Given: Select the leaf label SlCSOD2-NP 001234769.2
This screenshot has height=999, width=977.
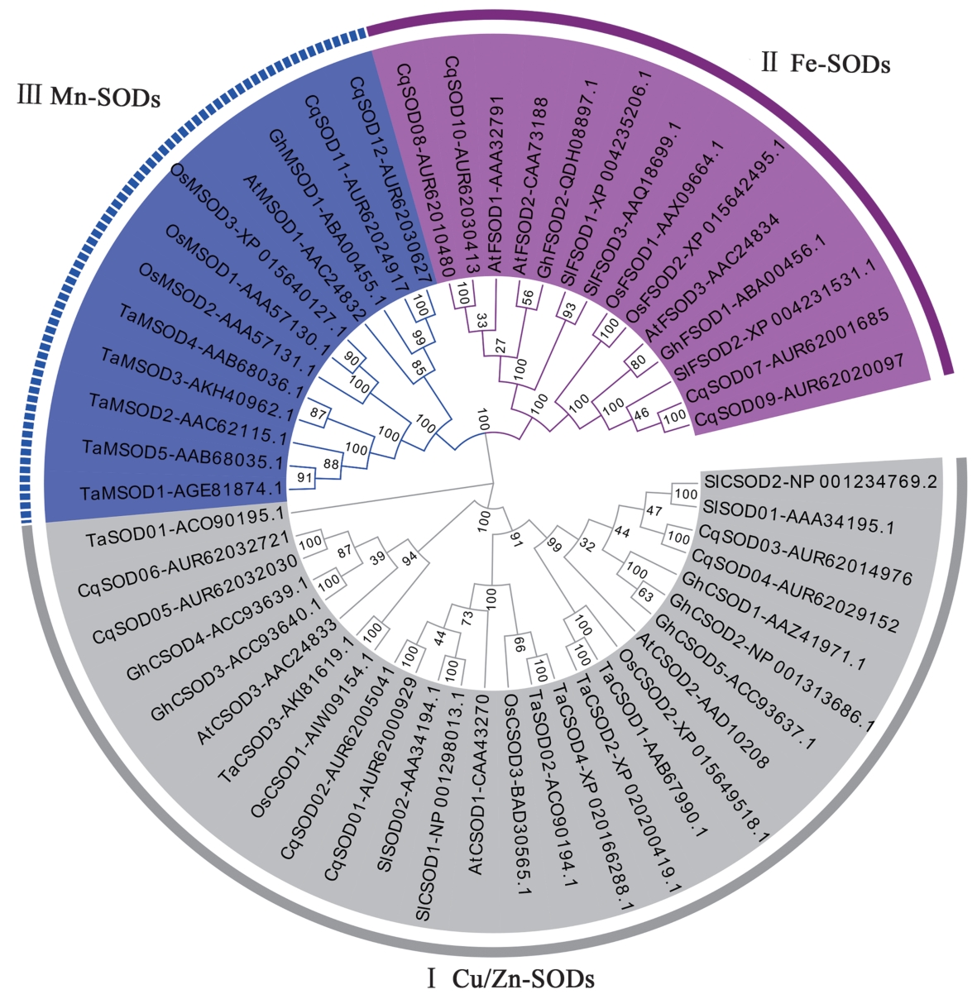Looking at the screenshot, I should pyautogui.click(x=820, y=481).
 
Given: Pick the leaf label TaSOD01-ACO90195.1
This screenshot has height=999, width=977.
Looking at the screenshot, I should pyautogui.click(x=185, y=528).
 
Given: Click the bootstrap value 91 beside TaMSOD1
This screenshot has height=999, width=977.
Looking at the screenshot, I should pyautogui.click(x=304, y=478).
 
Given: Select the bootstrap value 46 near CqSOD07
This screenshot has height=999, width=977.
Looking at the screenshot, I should pyautogui.click(x=641, y=412).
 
